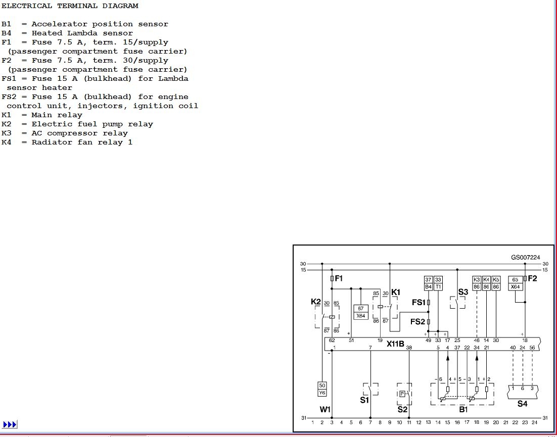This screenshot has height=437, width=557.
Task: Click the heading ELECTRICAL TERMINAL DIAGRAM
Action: click(x=70, y=6)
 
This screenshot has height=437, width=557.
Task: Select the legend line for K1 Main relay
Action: click(x=42, y=115)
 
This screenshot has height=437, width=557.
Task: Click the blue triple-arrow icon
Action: click(x=10, y=424)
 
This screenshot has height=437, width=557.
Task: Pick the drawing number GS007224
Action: click(x=525, y=257)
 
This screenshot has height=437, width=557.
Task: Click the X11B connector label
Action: click(x=395, y=344)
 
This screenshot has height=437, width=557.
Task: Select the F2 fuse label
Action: click(x=532, y=278)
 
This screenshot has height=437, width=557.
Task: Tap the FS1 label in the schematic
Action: click(x=419, y=303)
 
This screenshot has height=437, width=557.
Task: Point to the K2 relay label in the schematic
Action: click(x=315, y=302)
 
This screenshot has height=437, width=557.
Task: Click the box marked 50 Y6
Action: click(x=322, y=389)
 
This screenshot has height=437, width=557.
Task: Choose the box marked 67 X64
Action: click(x=360, y=312)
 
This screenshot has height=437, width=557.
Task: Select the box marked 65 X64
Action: click(x=515, y=283)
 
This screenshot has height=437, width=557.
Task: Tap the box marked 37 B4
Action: click(x=429, y=283)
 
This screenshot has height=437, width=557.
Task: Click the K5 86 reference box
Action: click(x=496, y=283)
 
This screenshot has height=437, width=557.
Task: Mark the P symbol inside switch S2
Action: click(x=402, y=394)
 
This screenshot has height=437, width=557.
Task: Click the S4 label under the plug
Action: click(x=522, y=404)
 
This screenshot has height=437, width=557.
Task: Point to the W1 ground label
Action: click(x=325, y=410)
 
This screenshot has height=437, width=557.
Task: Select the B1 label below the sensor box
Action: click(x=463, y=410)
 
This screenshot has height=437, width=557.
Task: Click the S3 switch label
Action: click(x=463, y=292)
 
